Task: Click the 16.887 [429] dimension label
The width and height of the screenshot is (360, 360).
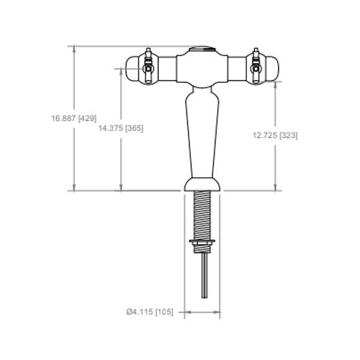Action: (x=74, y=118)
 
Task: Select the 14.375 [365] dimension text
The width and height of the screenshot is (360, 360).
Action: (x=121, y=128)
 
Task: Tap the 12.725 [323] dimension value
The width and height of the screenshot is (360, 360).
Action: (x=275, y=135)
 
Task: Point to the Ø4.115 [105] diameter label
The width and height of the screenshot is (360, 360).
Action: (x=150, y=312)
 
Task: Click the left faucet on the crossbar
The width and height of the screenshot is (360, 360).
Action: (x=148, y=66)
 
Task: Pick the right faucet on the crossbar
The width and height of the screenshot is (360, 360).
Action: (x=256, y=66)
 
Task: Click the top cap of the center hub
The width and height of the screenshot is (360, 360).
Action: (x=202, y=49)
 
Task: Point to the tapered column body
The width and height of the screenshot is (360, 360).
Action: (x=202, y=132)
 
